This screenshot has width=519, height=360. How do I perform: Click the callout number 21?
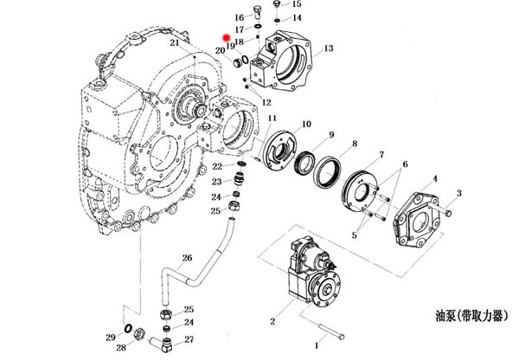click(174, 42)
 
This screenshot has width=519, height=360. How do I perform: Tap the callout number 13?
click(328, 48)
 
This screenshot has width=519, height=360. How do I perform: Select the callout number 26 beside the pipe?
click(186, 257)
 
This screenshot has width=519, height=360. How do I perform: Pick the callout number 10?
click(306, 125)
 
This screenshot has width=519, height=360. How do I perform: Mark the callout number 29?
click(110, 337)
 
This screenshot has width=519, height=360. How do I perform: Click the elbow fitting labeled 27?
click(164, 334)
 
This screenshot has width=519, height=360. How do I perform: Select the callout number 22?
click(217, 166)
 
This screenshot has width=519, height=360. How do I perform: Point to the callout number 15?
click(298, 4)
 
